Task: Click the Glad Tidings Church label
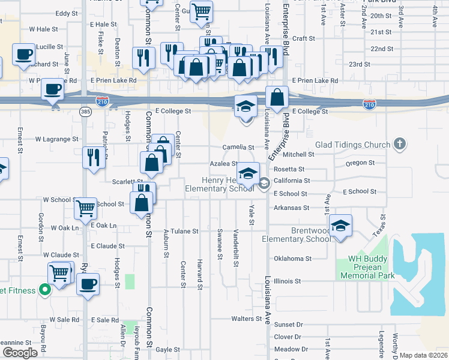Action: [352, 145]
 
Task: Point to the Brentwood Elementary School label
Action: [297, 235]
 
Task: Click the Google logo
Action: [20, 352]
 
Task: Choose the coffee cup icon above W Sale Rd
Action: [88, 283]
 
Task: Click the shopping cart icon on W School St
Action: [86, 208]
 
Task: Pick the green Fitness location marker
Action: [44, 290]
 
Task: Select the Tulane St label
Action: [184, 231]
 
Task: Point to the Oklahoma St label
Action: [293, 259]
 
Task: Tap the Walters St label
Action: [246, 319]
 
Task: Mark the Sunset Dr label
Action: [288, 324]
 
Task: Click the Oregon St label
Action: [360, 163]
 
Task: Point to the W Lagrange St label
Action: [58, 139]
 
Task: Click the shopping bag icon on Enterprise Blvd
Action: [277, 97]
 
